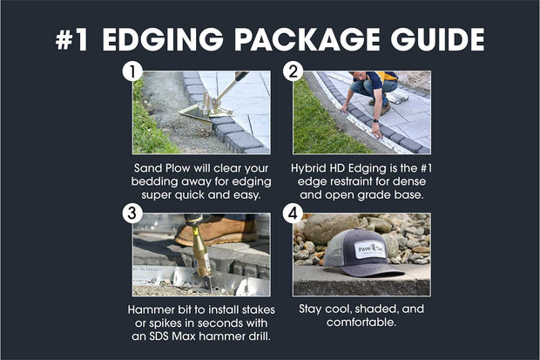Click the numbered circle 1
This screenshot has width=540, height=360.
tap(132, 71)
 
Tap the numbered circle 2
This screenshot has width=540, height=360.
tap(293, 71)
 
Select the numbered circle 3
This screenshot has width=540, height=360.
tap(132, 213)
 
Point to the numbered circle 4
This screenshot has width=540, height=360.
tap(293, 213)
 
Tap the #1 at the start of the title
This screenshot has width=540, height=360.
tap(77, 39)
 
